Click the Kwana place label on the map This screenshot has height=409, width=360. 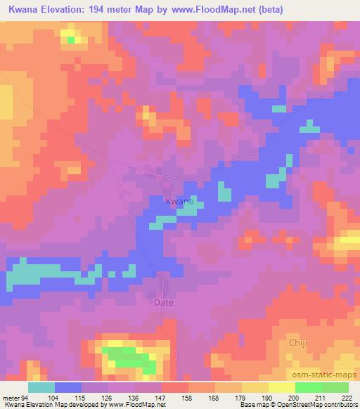click(179, 202)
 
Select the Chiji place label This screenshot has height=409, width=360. click(298, 342)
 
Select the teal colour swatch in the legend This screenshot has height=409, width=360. click(41, 387)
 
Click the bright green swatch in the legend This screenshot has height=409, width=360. click(308, 387)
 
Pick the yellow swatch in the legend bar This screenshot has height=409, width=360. click(281, 387)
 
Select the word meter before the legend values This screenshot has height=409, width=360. click(10, 398)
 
